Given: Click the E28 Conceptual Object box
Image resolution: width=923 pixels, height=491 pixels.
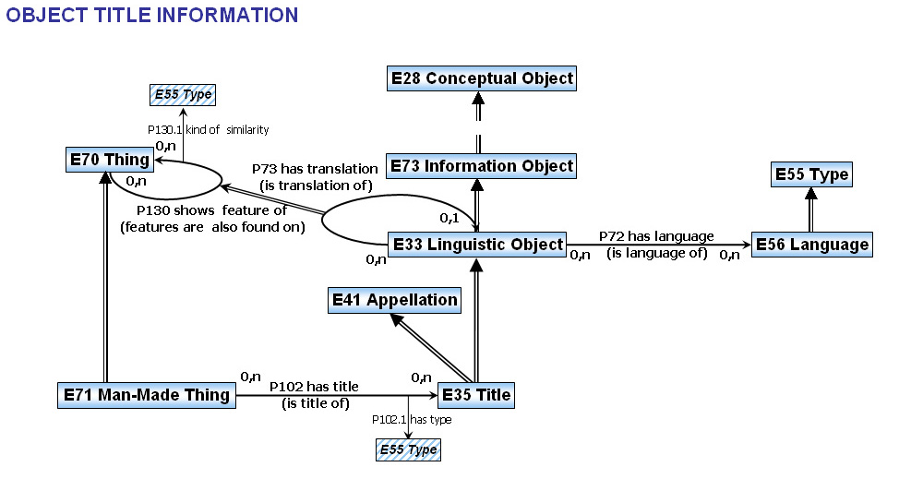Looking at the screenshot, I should [x=480, y=78].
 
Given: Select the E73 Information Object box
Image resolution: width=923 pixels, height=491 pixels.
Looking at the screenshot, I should [x=480, y=166].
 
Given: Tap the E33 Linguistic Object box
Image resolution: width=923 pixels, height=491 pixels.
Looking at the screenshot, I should [x=476, y=245].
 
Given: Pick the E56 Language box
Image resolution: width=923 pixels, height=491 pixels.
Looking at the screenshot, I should [x=811, y=245].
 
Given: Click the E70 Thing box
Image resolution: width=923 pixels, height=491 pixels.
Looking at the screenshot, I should [x=109, y=160].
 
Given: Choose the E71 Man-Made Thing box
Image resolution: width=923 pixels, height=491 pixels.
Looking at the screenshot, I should [x=146, y=395].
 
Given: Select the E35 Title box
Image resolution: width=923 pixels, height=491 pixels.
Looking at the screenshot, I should [x=475, y=395].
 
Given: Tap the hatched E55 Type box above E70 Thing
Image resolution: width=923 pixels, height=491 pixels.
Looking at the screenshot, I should [x=182, y=94].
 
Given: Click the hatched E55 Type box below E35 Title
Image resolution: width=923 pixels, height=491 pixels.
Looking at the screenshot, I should [x=408, y=449].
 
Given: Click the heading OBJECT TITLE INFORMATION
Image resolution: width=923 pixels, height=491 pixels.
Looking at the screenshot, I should [x=152, y=15].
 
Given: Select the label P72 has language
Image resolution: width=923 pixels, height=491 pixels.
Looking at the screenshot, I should [x=656, y=237].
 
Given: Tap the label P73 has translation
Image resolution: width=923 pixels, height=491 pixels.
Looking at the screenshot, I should [x=315, y=170].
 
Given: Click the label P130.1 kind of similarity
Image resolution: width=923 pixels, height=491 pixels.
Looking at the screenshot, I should [x=209, y=130].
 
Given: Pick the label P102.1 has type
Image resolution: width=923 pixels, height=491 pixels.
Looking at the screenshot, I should [x=412, y=420].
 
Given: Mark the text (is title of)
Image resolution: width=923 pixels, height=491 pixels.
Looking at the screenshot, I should [x=320, y=402].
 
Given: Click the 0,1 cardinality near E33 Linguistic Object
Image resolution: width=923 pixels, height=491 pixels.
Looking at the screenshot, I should [x=450, y=218].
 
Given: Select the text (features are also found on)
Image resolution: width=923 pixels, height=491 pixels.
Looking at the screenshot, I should [x=213, y=227].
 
